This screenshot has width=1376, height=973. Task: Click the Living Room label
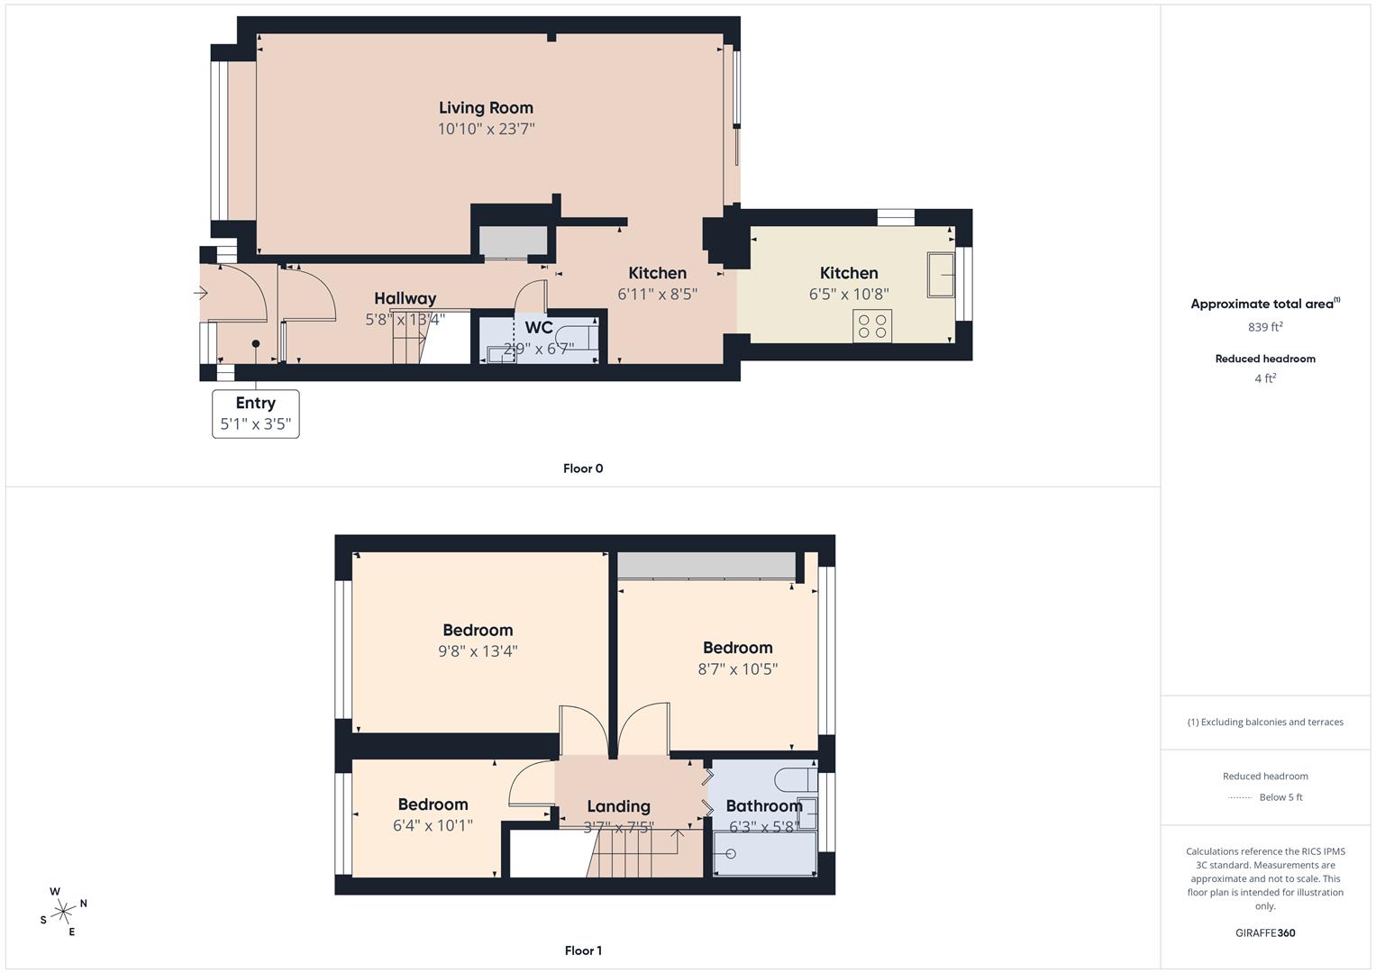pyautogui.click(x=486, y=108)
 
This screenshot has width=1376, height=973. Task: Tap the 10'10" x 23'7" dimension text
pyautogui.click(x=486, y=129)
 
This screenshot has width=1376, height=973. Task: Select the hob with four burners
pyautogui.click(x=872, y=325)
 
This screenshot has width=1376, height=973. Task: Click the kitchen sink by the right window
pyautogui.click(x=941, y=275)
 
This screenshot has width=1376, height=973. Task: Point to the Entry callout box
pyautogui.click(x=256, y=414)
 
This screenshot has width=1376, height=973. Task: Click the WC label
pyautogui.click(x=539, y=328)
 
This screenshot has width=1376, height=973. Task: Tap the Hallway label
pyautogui.click(x=406, y=298)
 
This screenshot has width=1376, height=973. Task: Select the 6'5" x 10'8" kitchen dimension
pyautogui.click(x=849, y=294)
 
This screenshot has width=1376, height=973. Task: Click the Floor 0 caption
pyautogui.click(x=583, y=468)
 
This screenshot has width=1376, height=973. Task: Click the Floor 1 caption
pyautogui.click(x=583, y=950)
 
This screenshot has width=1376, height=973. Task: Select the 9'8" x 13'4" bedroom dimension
pyautogui.click(x=478, y=650)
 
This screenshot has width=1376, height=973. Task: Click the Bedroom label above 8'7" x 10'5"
pyautogui.click(x=738, y=648)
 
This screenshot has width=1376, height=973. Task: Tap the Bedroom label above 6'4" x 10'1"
pyautogui.click(x=433, y=805)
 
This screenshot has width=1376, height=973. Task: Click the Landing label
pyautogui.click(x=618, y=806)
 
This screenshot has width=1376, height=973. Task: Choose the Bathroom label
pyautogui.click(x=763, y=806)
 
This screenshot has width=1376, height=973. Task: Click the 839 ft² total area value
pyautogui.click(x=1265, y=327)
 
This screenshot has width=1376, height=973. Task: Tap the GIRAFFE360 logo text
pyautogui.click(x=1265, y=932)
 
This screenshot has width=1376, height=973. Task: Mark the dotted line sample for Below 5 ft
pyautogui.click(x=1240, y=797)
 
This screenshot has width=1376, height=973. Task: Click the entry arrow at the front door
pyautogui.click(x=201, y=293)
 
